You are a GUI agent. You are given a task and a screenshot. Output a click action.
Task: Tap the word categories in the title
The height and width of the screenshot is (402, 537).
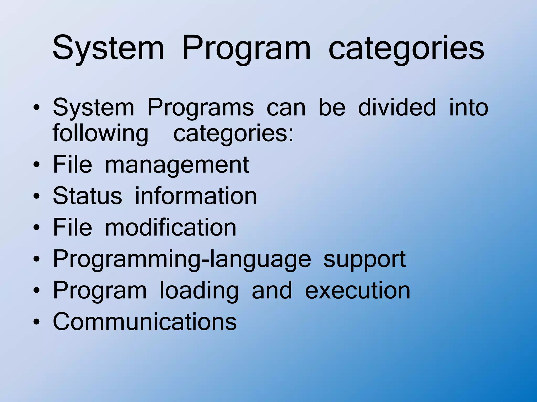tap(406, 48)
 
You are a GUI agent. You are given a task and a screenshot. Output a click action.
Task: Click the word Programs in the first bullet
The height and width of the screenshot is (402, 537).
tap(201, 107)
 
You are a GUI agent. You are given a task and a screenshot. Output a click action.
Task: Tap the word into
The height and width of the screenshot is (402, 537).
tap(469, 107)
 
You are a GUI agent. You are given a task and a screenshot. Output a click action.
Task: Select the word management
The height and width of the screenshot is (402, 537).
tap(177, 165)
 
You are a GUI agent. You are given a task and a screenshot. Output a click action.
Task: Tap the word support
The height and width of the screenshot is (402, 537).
tap(364, 259)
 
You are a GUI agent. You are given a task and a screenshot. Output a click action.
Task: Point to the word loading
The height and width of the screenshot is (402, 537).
tap(199, 290)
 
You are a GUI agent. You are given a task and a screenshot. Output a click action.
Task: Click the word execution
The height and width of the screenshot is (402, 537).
tap(358, 290)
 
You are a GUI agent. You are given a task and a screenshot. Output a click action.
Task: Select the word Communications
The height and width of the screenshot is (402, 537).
tap(145, 321)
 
